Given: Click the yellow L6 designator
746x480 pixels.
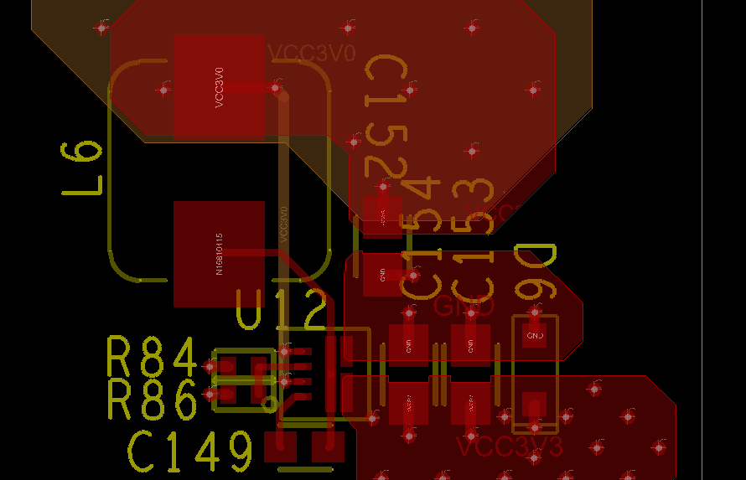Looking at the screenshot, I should point(82,168).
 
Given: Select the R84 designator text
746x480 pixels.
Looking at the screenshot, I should point(152,357).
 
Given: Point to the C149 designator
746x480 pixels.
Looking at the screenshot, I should point(190,452).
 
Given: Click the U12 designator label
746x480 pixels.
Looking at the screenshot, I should point(281,311).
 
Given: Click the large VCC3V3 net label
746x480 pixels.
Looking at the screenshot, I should point(510,446).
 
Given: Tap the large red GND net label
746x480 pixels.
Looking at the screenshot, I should point(464,307).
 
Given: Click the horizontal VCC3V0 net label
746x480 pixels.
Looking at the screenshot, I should point(312,54).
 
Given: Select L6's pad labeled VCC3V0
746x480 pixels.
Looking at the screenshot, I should point(220,86).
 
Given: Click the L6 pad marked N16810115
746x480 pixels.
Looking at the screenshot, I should point(219,254).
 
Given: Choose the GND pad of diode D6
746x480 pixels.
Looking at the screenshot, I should point(534,335).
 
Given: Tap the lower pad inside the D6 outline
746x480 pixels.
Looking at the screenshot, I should point(534,404).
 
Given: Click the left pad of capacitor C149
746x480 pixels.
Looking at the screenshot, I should point(280,446).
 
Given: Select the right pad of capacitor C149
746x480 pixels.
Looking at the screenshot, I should point(328,446).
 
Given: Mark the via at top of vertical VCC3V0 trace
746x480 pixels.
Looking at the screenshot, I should point(275,87).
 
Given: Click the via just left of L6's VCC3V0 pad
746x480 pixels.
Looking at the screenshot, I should point(164,89).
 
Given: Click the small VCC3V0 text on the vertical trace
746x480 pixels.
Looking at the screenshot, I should point(284,224).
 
